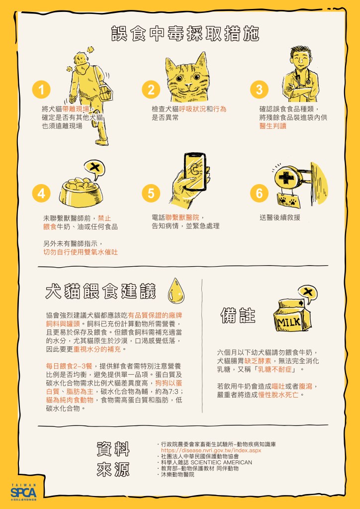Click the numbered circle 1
coord(41,90)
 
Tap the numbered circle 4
coord(41,193)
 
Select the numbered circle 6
coord(259,193)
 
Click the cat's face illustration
coord(187,78)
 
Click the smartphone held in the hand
coord(195,171)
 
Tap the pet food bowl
coord(81,193)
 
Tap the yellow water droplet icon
coord(176,290)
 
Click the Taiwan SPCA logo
coord(23,492)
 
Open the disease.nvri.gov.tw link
coord(211,451)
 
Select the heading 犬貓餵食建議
coord(101,291)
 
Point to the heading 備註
coord(238,315)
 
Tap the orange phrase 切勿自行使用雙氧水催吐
coord(81,252)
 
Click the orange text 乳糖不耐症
coord(275,369)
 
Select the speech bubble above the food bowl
coord(94,169)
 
